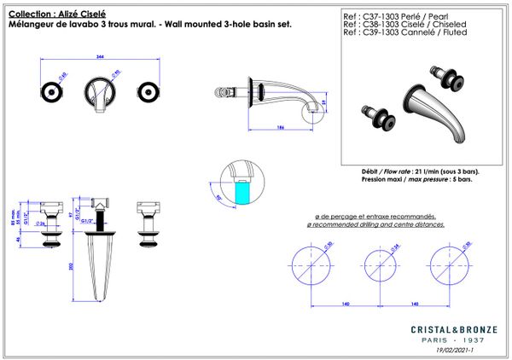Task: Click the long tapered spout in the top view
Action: pyautogui.click(x=103, y=264)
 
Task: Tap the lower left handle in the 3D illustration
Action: pyautogui.click(x=375, y=116)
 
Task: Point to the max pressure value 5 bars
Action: pyautogui.click(x=460, y=181)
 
